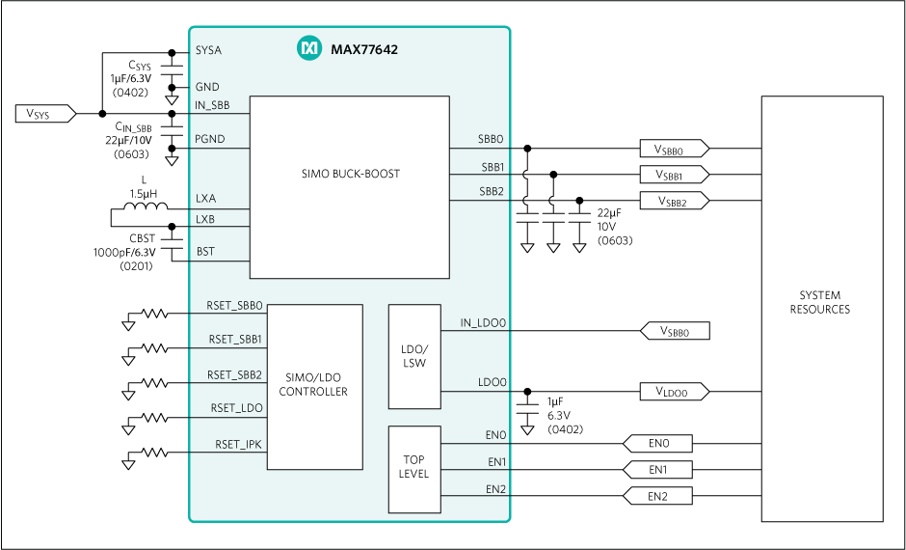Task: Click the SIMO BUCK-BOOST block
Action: pos(350,175)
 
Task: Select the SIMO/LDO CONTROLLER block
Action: pos(314,386)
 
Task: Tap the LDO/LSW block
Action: pos(413,356)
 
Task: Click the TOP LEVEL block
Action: pos(413,468)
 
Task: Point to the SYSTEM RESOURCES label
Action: pos(820,303)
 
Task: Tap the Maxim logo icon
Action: pos(308,48)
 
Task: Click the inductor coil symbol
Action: pos(146,207)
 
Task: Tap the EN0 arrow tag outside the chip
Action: pos(658,444)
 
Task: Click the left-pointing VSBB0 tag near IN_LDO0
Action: pos(676,331)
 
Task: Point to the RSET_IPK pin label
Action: pos(238,444)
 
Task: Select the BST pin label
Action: pos(205,252)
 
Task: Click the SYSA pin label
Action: pos(208,50)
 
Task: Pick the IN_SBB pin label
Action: pos(212,105)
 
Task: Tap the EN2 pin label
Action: pos(495,489)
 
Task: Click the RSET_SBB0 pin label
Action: pos(234,305)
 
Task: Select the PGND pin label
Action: pos(209,139)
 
